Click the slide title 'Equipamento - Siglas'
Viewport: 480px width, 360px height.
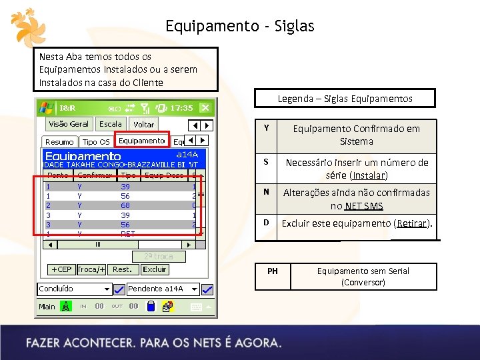pyautogui.click(x=239, y=27)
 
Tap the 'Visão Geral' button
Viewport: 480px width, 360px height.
pyautogui.click(x=69, y=124)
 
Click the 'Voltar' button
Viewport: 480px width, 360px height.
pyautogui.click(x=143, y=125)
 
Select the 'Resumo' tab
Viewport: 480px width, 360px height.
pyautogui.click(x=59, y=142)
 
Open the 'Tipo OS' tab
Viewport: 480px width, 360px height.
pyautogui.click(x=96, y=142)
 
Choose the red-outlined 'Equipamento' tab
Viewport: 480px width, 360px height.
pyautogui.click(x=141, y=141)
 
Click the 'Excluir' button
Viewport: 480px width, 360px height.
pyautogui.click(x=154, y=269)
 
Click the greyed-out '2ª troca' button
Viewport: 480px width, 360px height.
pyautogui.click(x=159, y=257)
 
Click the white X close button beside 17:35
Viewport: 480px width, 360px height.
pyautogui.click(x=205, y=107)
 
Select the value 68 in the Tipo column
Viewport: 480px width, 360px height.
pyautogui.click(x=125, y=206)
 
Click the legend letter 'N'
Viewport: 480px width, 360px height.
pyautogui.click(x=267, y=192)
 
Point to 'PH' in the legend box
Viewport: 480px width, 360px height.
pyautogui.click(x=273, y=271)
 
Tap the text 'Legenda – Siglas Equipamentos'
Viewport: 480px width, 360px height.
pyautogui.click(x=345, y=99)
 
